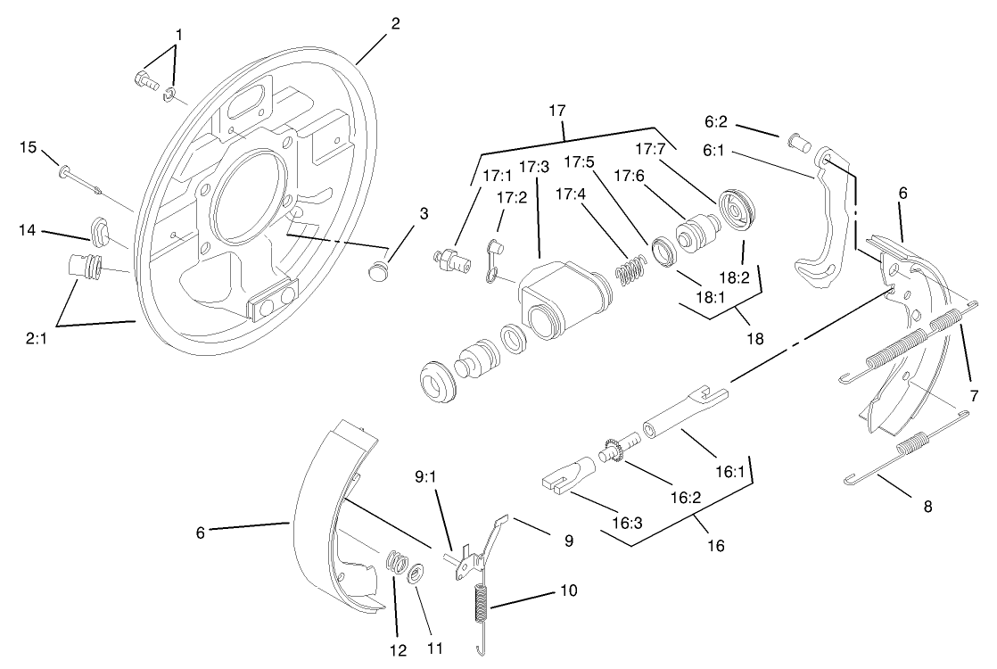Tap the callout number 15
pos(29,147)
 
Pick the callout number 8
pos(927,506)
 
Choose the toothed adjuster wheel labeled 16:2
pos(613,449)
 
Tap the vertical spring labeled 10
pos(482,607)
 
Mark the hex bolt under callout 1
pos(144,81)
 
